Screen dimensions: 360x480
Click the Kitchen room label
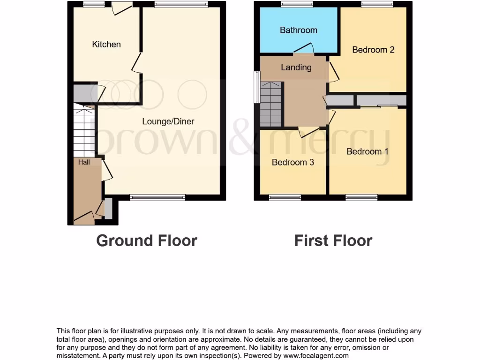tap(106, 45)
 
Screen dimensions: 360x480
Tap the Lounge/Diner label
tap(168, 121)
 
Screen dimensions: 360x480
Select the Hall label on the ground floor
tap(84, 162)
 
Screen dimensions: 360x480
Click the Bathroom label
tap(299, 30)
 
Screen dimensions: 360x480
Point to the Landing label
tap(296, 67)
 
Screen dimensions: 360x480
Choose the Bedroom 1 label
tap(367, 151)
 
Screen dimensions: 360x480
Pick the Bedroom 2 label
tap(373, 50)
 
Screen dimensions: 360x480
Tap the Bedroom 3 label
tap(293, 162)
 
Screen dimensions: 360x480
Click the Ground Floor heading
tap(147, 240)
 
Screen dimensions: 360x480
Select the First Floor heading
tap(333, 240)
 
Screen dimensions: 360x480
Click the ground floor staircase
tap(84, 131)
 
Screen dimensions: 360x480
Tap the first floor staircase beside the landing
tap(271, 104)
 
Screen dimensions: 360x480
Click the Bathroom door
tap(304, 48)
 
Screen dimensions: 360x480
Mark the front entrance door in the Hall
tap(84, 217)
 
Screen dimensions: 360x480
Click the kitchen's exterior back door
tap(121, 7)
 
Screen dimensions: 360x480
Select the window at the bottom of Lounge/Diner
tap(157, 198)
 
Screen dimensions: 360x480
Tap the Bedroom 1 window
tap(361, 198)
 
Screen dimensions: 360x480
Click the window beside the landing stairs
tap(256, 87)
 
